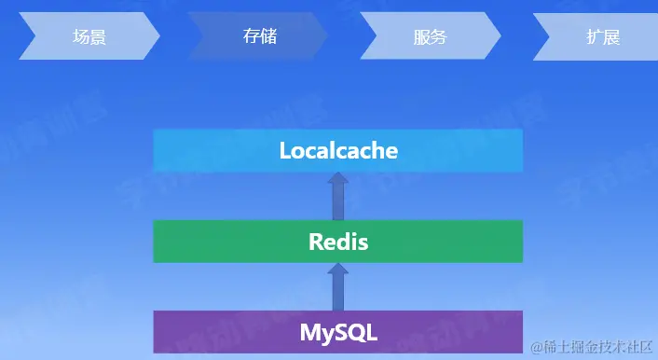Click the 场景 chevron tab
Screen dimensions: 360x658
(x=89, y=37)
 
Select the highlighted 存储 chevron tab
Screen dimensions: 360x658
(x=260, y=36)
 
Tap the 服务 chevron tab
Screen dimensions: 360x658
(x=430, y=37)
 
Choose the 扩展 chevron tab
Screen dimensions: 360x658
(x=602, y=37)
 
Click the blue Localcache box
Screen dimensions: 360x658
(x=338, y=150)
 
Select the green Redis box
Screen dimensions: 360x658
(x=338, y=242)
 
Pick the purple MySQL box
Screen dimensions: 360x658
(x=338, y=332)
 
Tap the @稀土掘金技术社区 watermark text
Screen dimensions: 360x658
(x=590, y=347)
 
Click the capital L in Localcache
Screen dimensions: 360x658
(x=286, y=150)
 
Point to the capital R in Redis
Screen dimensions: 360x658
(x=316, y=242)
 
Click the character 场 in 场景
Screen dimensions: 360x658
(x=81, y=37)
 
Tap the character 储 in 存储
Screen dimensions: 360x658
(x=268, y=36)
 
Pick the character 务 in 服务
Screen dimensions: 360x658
(x=439, y=37)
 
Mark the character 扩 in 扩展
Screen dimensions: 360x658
(x=594, y=37)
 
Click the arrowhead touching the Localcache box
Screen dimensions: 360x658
(x=338, y=179)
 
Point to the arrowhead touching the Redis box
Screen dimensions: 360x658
(x=338, y=270)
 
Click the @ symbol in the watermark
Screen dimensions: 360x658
(x=536, y=348)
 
